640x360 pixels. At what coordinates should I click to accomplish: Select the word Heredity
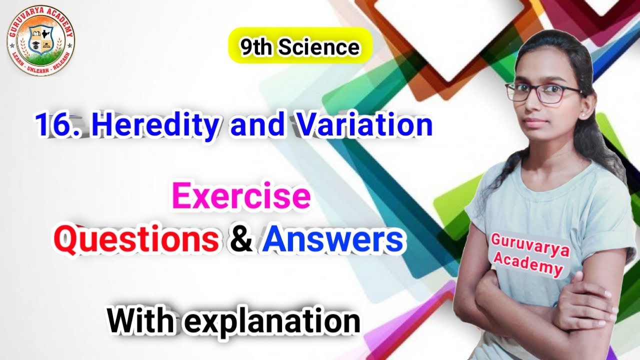(x=156, y=126)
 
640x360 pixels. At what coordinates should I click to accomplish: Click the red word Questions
(x=136, y=241)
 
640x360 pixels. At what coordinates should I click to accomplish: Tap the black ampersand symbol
(x=238, y=241)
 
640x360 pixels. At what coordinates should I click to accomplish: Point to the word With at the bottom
(x=139, y=320)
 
